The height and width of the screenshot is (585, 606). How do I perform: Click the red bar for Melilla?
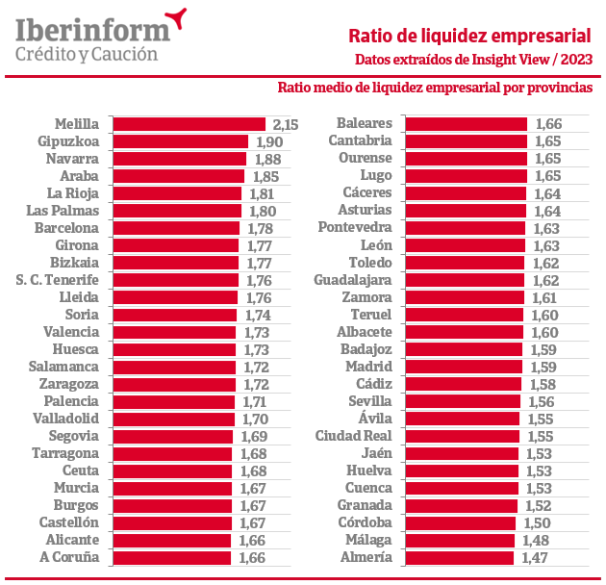(189, 124)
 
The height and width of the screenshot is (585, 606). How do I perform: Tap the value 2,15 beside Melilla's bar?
(287, 124)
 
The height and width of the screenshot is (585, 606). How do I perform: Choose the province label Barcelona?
(66, 228)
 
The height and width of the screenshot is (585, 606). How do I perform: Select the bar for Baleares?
(467, 124)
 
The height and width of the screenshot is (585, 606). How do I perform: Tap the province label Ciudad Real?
(353, 436)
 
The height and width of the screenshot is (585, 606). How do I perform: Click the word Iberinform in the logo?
(92, 29)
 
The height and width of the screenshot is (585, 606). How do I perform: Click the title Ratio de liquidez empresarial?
(469, 37)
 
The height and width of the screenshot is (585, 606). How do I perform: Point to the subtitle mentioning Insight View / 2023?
(472, 60)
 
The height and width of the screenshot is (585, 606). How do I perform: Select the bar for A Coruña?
(172, 557)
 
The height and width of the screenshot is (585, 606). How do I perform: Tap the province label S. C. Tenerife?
(58, 280)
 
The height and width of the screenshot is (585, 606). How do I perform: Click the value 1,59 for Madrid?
(544, 367)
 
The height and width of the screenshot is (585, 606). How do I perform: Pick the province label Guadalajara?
(353, 280)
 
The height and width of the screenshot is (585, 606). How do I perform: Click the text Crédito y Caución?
(87, 54)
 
